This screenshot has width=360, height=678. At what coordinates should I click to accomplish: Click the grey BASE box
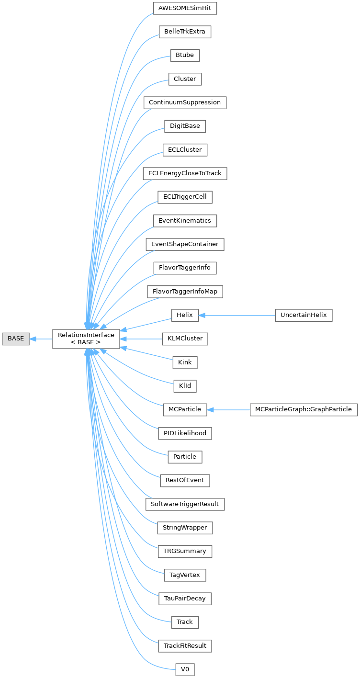click(x=15, y=339)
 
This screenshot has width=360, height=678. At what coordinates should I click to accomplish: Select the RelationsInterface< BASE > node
click(x=86, y=339)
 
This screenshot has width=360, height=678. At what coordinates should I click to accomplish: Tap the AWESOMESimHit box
click(x=185, y=9)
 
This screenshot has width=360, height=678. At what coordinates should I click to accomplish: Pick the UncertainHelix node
click(x=304, y=316)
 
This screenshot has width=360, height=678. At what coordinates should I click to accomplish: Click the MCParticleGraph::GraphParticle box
click(x=304, y=410)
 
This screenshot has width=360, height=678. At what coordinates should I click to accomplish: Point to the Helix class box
click(x=185, y=316)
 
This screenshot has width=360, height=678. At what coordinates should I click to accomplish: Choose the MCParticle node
click(x=185, y=410)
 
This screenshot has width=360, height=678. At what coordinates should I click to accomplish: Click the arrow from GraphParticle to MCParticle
click(x=228, y=410)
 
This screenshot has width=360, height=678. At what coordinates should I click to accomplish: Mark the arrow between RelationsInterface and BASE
click(x=41, y=339)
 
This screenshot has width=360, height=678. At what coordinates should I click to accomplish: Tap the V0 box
click(x=185, y=669)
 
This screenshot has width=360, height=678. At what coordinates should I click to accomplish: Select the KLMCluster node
click(x=185, y=339)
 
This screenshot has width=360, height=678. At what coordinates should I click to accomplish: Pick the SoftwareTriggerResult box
click(x=185, y=504)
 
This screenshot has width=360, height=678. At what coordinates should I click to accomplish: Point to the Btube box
click(x=185, y=56)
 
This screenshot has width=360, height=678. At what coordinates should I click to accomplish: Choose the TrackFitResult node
click(x=185, y=646)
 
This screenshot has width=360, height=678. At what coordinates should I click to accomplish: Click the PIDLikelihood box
click(x=185, y=433)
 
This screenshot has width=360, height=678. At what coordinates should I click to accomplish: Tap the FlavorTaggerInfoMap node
click(x=185, y=292)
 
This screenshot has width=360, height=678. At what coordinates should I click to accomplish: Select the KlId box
click(x=185, y=386)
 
